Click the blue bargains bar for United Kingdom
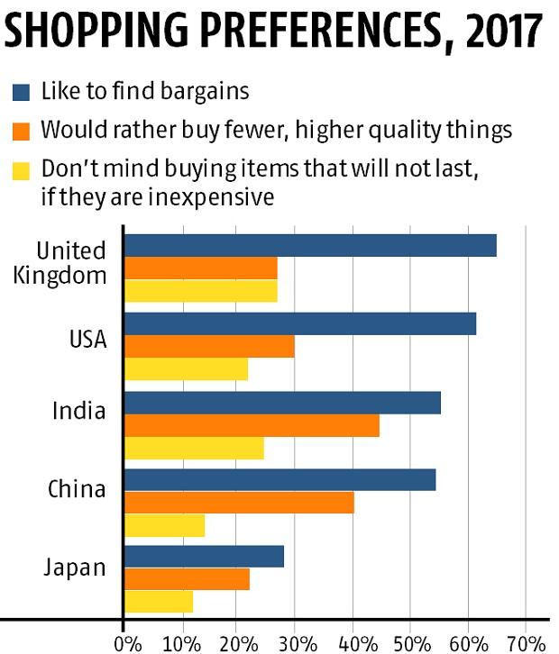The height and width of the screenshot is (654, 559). coord(309,245)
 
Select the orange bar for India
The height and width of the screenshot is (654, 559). coord(251,425)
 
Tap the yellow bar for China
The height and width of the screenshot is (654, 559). coord(164,525)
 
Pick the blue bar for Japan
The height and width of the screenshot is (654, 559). coord(204,557)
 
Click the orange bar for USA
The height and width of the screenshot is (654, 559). coord(208,347)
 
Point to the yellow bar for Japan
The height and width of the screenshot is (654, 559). coord(158,602)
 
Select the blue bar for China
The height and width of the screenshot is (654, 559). coord(279,479)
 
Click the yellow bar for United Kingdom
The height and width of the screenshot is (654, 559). coord(200,291)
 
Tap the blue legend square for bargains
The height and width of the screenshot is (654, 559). coord(21,92)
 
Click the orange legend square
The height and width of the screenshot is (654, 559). coord(21,131)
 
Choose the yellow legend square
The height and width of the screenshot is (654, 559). coord(21,169)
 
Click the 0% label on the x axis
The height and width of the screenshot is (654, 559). coord(128,642)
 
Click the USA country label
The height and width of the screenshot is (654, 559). coord(87,340)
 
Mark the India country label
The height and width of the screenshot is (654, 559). coord(79,412)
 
